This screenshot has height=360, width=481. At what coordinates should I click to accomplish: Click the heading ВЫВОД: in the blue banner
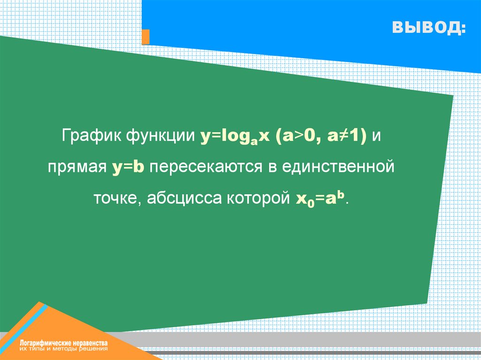pos(429,27)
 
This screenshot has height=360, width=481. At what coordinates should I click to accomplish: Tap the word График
pos(91,136)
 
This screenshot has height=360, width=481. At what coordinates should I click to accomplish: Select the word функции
pos(161,136)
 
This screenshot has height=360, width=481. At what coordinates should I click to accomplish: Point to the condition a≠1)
pos(347,136)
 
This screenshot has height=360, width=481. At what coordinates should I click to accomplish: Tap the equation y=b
pos(128,167)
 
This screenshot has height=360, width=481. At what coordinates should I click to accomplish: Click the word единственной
pos(338,167)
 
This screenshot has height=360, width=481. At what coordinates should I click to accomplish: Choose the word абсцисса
pos(184,198)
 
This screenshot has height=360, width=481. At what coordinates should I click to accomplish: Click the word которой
pos(258,198)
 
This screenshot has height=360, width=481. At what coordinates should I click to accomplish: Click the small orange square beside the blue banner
pos(146,37)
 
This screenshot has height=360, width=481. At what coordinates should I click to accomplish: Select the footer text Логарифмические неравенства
pos(64,343)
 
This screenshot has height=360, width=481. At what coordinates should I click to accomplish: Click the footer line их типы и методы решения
pos(64,349)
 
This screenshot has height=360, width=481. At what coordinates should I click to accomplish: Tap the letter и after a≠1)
pos(376,136)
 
